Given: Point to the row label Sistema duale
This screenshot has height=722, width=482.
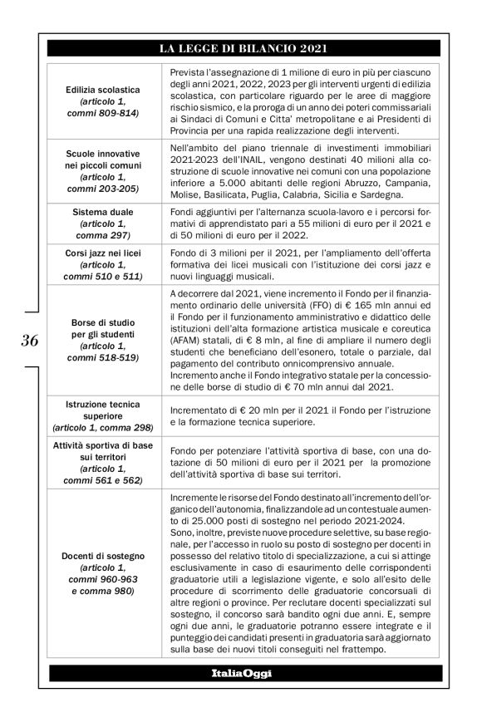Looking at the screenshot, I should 103,212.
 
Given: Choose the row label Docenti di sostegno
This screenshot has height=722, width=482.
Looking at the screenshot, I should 103,556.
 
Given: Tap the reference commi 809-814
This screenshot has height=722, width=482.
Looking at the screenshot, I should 103,111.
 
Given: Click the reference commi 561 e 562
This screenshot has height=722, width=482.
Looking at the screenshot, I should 103,480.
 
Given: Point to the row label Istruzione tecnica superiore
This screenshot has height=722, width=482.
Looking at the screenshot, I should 103,410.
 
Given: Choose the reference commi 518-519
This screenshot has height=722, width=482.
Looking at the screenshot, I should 103,357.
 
